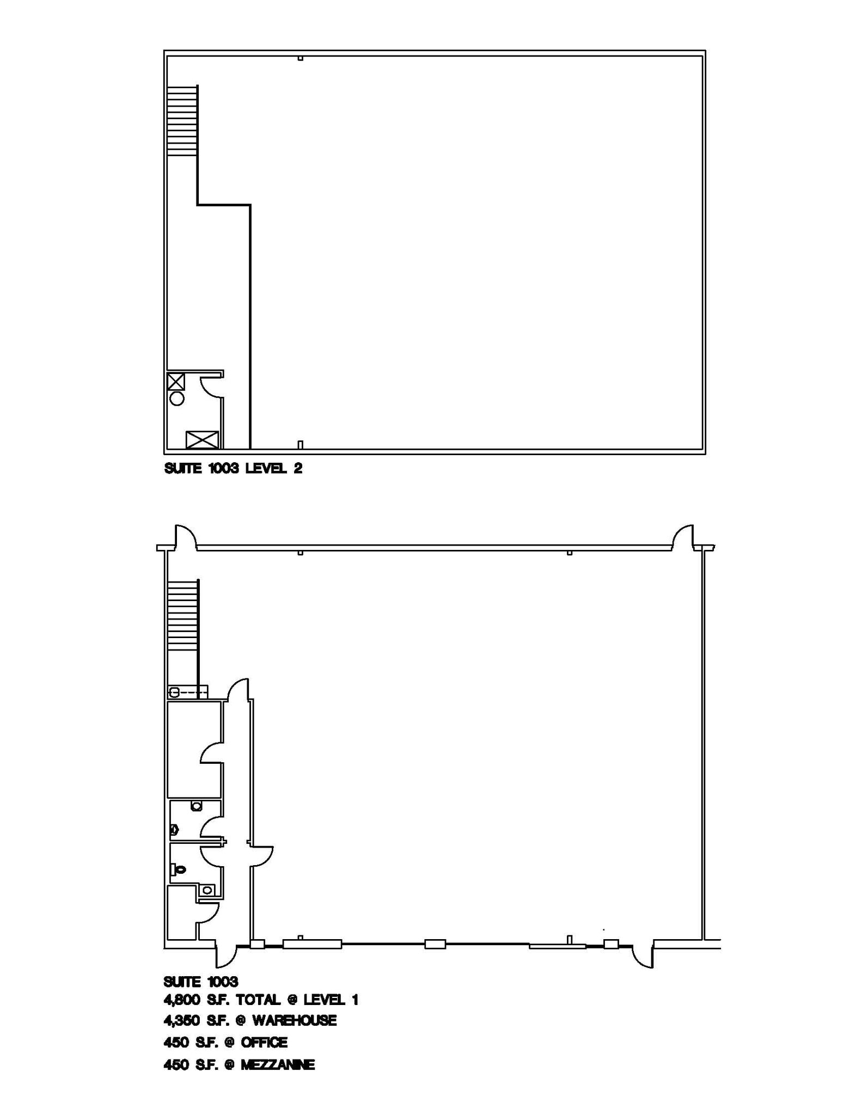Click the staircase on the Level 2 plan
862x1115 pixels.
tap(182, 121)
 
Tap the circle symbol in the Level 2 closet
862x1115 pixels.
tap(177, 399)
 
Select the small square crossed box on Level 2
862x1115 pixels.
tap(176, 381)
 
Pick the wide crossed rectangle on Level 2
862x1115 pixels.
tap(202, 439)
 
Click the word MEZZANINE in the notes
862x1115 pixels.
tap(277, 1065)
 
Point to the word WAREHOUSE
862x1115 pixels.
tap(294, 1020)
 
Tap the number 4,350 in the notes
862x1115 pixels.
tap(182, 1020)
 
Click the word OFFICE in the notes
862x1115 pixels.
tap(264, 1043)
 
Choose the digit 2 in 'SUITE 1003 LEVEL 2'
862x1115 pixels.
tap(298, 468)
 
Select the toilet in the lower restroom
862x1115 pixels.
tap(178, 869)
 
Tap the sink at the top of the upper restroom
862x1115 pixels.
tap(197, 806)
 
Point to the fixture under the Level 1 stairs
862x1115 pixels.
tap(175, 693)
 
